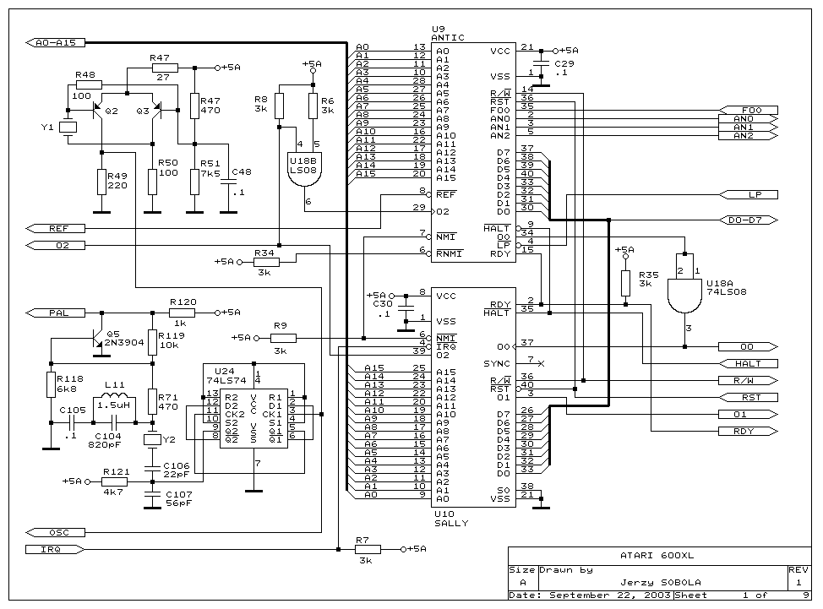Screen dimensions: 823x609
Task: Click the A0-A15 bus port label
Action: (55, 42)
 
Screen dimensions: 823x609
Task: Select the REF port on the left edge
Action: (55, 228)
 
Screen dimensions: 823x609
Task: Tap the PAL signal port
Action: (55, 313)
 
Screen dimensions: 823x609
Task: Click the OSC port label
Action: (55, 532)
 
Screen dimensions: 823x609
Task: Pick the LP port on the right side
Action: (749, 194)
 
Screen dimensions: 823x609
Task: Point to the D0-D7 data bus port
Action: (749, 220)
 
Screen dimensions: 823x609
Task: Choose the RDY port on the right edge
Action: (749, 431)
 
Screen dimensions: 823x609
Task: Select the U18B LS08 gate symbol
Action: (304, 170)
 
